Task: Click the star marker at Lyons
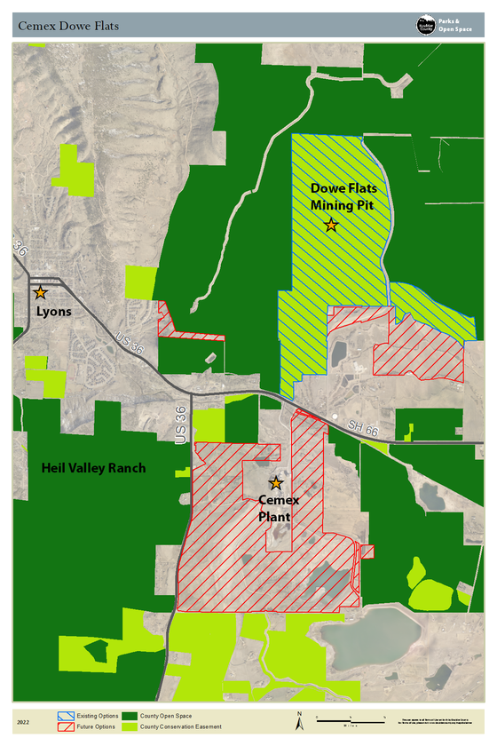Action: coord(40,292)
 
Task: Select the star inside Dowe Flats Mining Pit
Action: coord(331,226)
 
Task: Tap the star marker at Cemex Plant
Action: coord(276,483)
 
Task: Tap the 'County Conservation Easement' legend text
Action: coord(184,726)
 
